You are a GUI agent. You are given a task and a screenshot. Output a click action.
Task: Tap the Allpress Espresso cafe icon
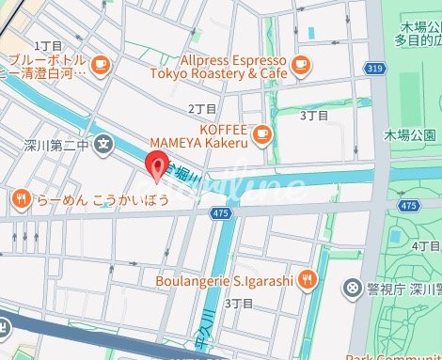coord(300,64)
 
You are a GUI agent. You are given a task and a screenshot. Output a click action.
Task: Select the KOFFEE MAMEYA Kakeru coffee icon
coord(262,133)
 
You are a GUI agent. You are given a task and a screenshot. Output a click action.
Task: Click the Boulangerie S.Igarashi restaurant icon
coord(309,279)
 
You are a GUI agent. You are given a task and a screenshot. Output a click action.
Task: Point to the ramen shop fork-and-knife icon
coord(21,198)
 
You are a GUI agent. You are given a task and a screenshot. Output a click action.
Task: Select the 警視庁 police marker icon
coord(352,286)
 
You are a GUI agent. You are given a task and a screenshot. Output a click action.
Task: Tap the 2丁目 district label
coord(201,109)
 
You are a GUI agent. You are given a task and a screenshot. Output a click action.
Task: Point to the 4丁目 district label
coord(425,245)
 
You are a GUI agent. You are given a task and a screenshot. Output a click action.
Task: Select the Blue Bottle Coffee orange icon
coord(102,64)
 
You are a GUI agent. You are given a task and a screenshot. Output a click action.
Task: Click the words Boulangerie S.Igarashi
coord(224,279)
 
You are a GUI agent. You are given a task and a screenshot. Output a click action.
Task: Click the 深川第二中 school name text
coord(55,147)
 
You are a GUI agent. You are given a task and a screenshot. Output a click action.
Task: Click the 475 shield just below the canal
coord(221,213)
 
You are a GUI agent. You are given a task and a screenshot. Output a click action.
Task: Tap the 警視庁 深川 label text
coord(402,286)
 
